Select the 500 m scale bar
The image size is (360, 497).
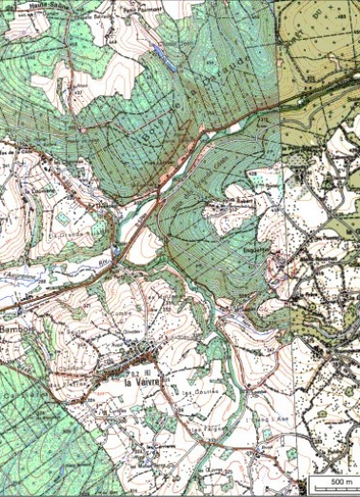(x=330, y=486)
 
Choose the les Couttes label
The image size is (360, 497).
(x=196, y=391)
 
